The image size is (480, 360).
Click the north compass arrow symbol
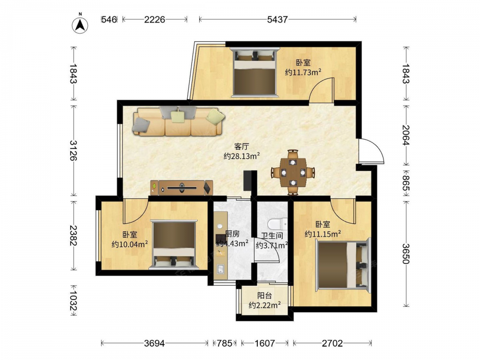pyautogui.click(x=80, y=24)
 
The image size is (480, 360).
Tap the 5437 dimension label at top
pyautogui.click(x=277, y=20)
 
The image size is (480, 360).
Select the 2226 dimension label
pyautogui.click(x=155, y=20)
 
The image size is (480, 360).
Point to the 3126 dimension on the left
pyautogui.click(x=73, y=151)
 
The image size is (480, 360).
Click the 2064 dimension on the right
pyautogui.click(x=406, y=135)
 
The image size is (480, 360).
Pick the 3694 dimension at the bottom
pyautogui.click(x=154, y=344)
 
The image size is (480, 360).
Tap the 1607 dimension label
pyautogui.click(x=265, y=344)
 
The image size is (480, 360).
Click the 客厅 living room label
pyautogui.click(x=242, y=146)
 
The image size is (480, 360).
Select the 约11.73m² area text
pyautogui.click(x=303, y=72)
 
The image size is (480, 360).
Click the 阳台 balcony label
pyautogui.click(x=264, y=296)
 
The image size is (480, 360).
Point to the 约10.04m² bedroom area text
pyautogui.click(x=130, y=244)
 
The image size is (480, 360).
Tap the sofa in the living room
pyautogui.click(x=179, y=121)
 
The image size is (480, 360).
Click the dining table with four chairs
pyautogui.click(x=293, y=172)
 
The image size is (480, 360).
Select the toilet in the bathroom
pyautogui.click(x=277, y=224)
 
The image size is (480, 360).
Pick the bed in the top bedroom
pyautogui.click(x=255, y=72)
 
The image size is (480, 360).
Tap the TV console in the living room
pyautogui.click(x=182, y=188)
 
